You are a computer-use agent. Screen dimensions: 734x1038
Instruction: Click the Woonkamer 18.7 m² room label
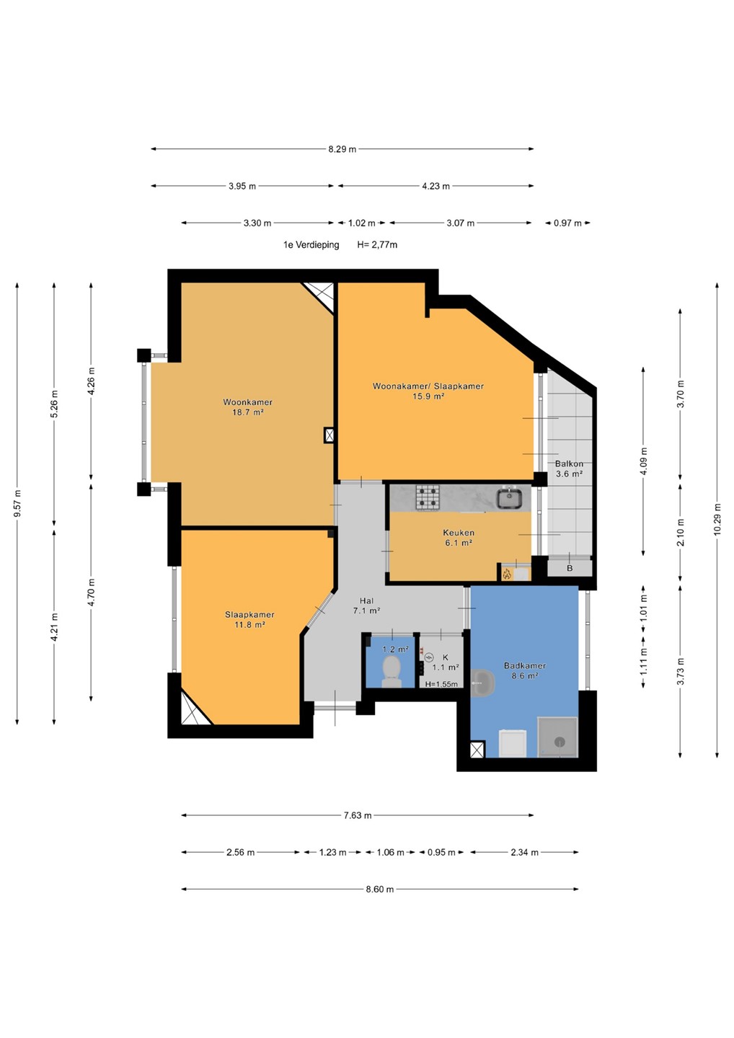(248, 407)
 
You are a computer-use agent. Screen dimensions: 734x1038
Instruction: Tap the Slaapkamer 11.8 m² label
(249, 620)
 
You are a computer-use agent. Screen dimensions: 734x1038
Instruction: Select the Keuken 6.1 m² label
(459, 538)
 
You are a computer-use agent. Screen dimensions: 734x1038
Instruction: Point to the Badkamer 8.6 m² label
(525, 670)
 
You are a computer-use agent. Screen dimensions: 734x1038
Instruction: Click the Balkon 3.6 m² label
(569, 469)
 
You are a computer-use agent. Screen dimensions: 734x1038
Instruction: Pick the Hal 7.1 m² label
(366, 605)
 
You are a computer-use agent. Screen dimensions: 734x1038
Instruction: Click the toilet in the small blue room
(392, 672)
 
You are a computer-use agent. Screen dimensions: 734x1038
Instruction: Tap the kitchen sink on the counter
(510, 497)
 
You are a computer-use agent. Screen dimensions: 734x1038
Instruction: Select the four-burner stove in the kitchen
(428, 497)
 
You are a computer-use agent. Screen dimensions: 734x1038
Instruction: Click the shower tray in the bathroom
(557, 737)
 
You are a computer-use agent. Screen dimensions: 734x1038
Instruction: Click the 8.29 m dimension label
(342, 149)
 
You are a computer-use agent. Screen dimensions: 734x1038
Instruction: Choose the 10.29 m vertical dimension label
(717, 520)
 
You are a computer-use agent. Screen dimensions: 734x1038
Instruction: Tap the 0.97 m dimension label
(567, 223)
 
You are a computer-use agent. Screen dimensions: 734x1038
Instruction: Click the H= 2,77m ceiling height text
(377, 244)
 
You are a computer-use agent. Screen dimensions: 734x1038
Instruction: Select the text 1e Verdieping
(311, 244)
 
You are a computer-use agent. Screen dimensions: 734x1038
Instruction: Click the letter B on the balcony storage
(570, 568)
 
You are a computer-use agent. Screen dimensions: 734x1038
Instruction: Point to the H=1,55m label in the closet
(441, 684)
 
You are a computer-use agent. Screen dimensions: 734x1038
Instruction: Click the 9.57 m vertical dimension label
(17, 503)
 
